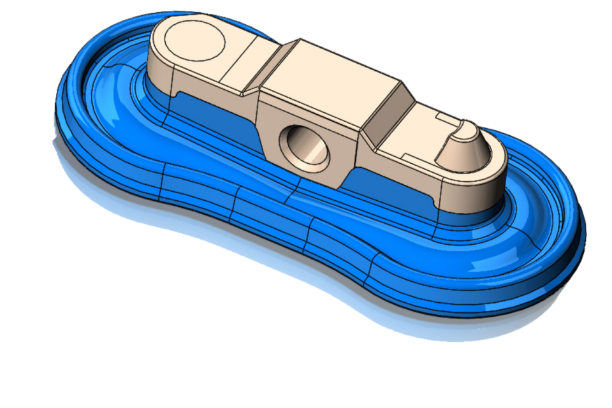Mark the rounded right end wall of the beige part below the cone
click(x=484, y=185)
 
